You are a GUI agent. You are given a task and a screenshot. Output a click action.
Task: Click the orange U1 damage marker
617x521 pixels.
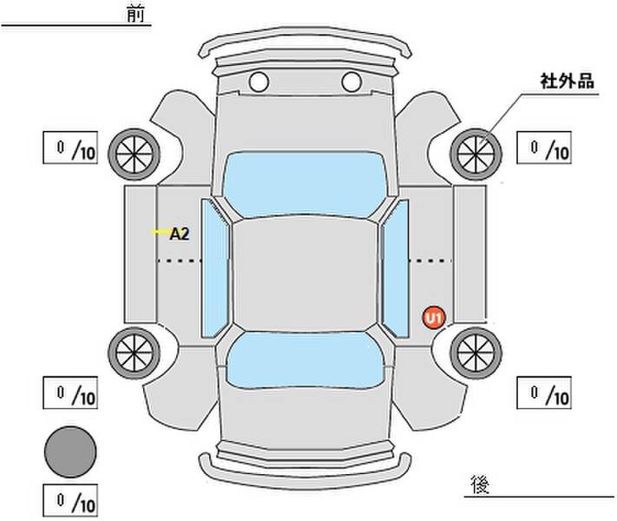click(x=434, y=318)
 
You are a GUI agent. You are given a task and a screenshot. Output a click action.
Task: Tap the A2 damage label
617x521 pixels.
click(x=180, y=233)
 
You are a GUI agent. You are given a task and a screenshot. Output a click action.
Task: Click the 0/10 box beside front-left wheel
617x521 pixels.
click(x=69, y=148)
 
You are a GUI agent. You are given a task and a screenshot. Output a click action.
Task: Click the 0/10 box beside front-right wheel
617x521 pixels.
click(x=543, y=148)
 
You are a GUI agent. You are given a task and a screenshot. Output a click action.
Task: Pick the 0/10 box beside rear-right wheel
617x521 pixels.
click(x=543, y=393)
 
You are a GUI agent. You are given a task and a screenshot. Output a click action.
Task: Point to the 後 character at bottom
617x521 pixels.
click(x=478, y=483)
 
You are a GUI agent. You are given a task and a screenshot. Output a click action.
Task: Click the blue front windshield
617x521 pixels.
click(x=305, y=181)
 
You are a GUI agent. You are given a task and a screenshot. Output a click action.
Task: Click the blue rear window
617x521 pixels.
click(x=305, y=359)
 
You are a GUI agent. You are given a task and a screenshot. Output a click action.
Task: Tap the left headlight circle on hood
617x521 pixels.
click(x=258, y=82)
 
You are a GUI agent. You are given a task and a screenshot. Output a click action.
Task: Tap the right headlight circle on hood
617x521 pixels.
click(x=351, y=82)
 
